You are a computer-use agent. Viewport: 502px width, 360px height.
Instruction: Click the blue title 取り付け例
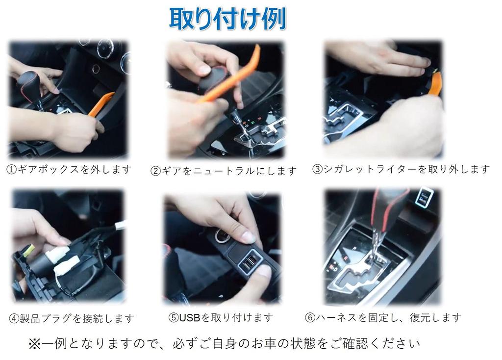click(x=227, y=19)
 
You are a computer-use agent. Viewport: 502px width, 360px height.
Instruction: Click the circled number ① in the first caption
click(x=12, y=170)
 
